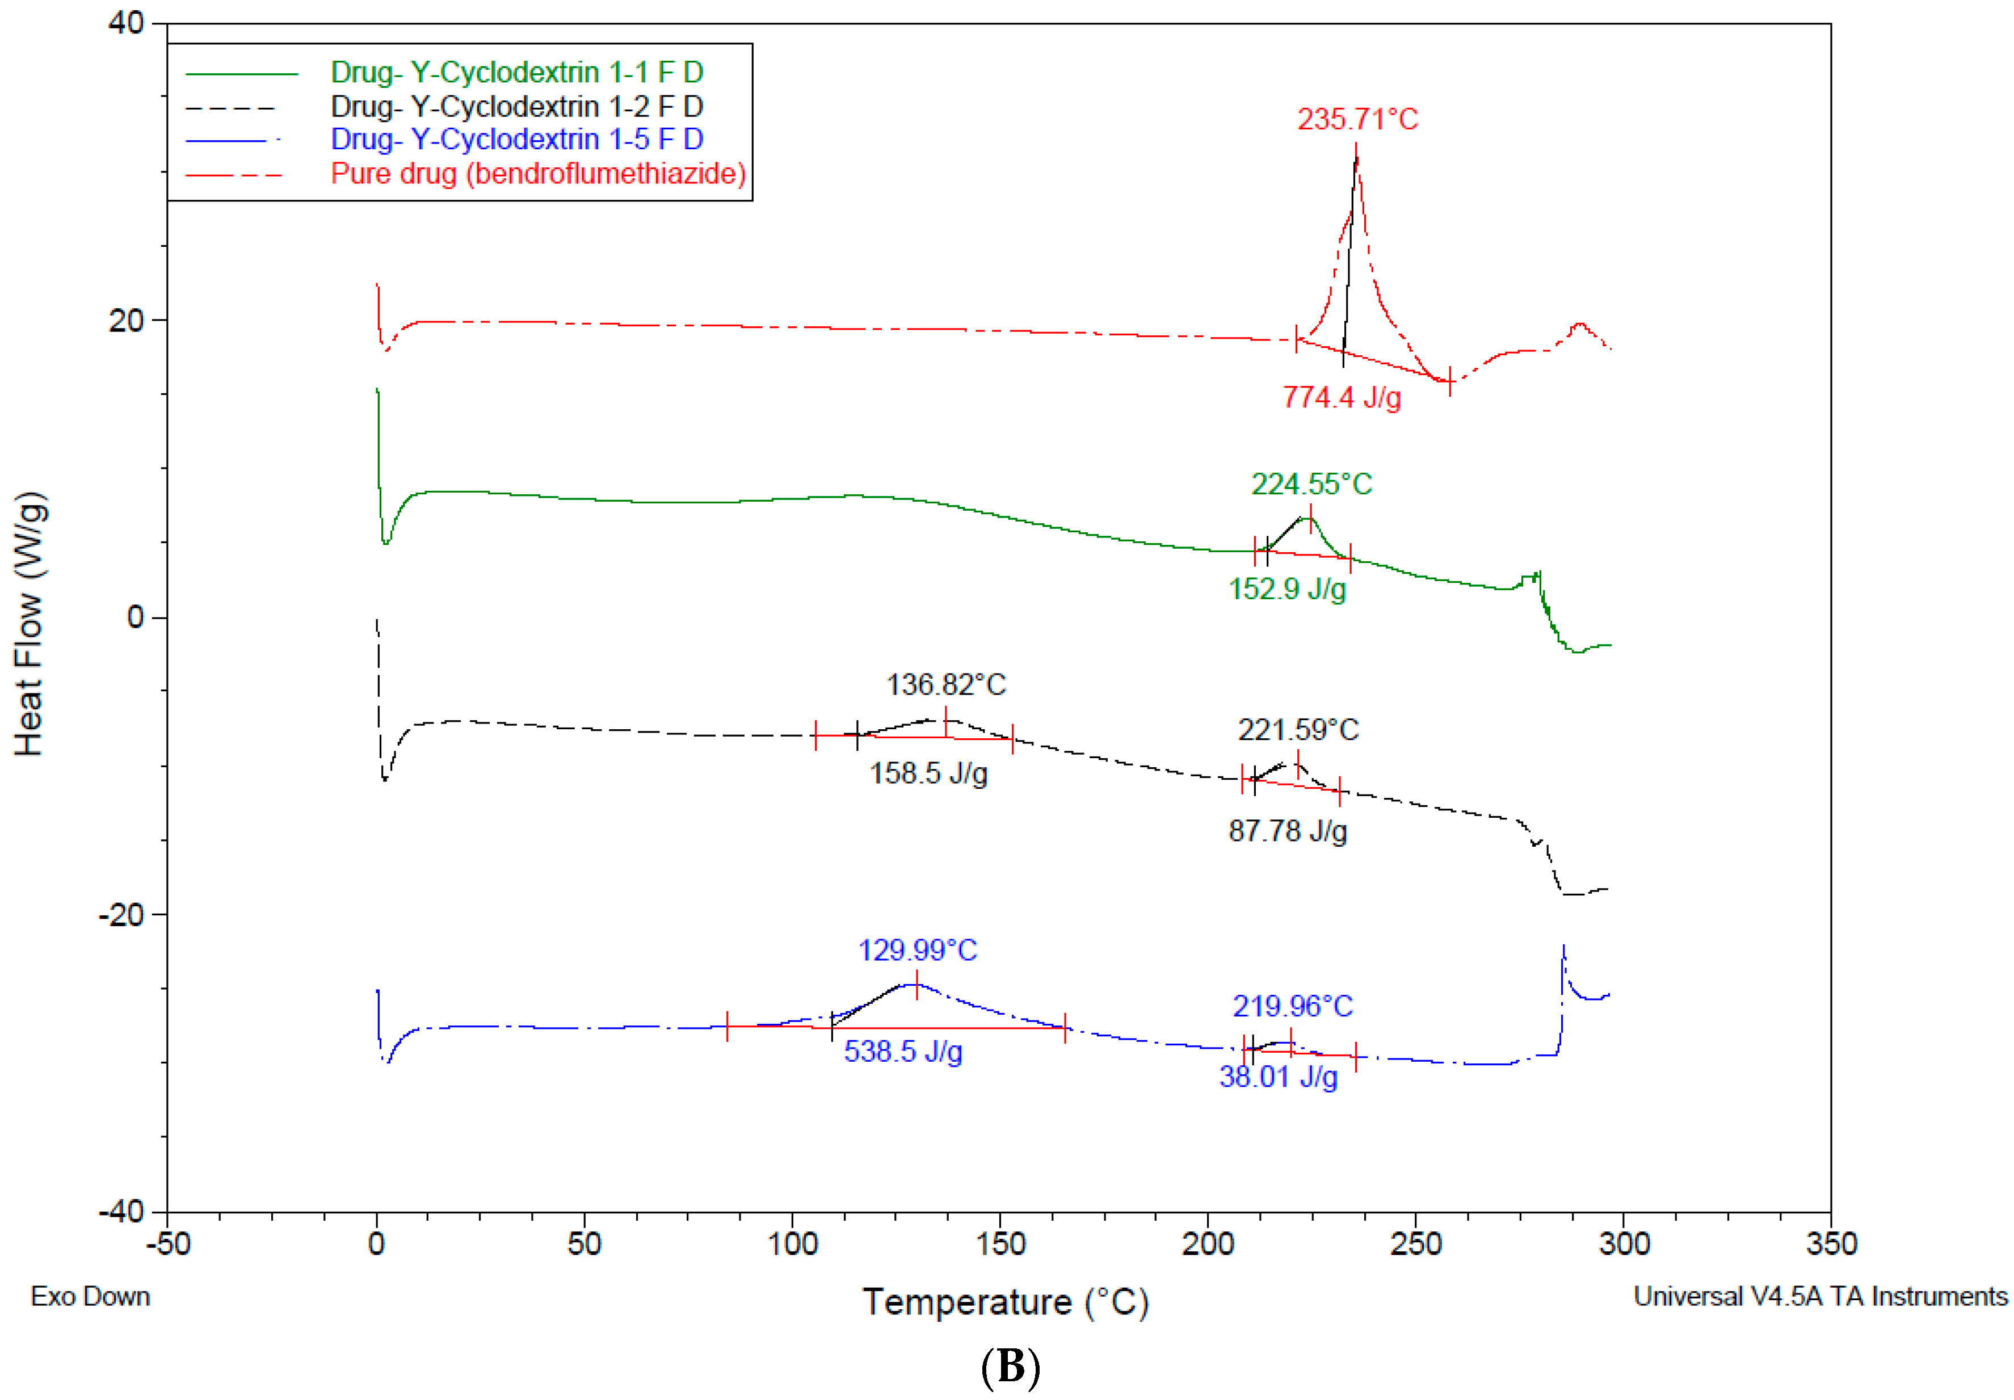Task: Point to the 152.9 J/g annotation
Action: (x=1287, y=588)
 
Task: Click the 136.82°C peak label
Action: (x=945, y=684)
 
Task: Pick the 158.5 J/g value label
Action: (x=928, y=773)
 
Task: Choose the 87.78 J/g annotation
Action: (x=1287, y=831)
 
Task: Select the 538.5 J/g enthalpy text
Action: (x=903, y=1051)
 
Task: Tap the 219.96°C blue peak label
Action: (x=1292, y=1006)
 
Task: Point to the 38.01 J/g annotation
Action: (x=1278, y=1077)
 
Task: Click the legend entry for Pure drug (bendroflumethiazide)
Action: (x=537, y=174)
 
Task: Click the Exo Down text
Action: (x=90, y=1297)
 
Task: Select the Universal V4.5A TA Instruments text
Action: (x=1819, y=1297)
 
